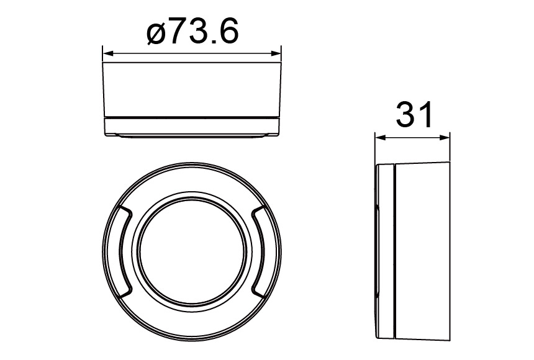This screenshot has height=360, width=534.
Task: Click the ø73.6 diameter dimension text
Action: [192, 32]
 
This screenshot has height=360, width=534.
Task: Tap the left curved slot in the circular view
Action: [122, 250]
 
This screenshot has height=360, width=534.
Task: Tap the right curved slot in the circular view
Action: [262, 250]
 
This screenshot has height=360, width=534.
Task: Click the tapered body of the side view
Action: [422, 251]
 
